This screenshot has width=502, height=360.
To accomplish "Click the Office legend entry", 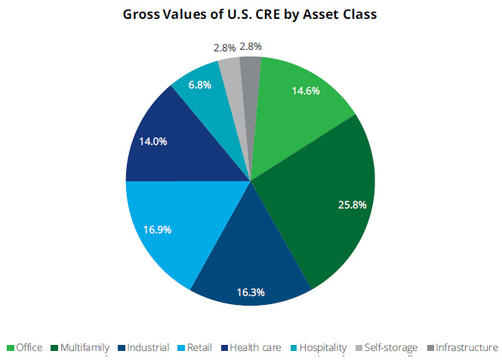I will pos(24,347).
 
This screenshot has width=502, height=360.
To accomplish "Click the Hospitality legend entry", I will pos(316,347).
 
